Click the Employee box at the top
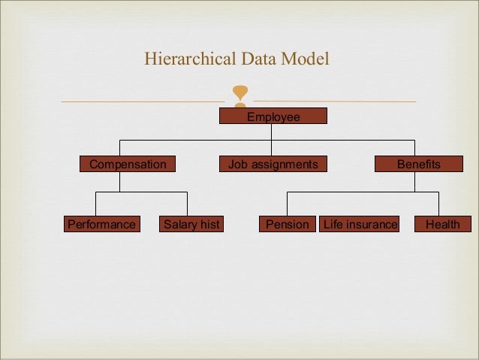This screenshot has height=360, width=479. tap(273, 116)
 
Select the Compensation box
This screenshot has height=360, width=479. tap(128, 164)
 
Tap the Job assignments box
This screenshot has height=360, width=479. tap(273, 164)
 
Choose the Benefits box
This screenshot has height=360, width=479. tap(419, 164)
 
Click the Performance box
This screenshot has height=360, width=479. tap(101, 224)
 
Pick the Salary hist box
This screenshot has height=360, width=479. tap(191, 224)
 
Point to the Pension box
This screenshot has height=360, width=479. tap(288, 224)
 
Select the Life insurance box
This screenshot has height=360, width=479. tap(360, 224)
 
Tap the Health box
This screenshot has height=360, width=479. tap(442, 224)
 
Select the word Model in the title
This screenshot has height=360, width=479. tap(305, 59)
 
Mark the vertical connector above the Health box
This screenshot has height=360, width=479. tap(438, 204)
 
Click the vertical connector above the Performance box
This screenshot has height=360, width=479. tap(96, 204)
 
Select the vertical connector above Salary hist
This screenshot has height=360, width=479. tap(187, 204)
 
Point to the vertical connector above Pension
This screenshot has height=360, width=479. tap(287, 204)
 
